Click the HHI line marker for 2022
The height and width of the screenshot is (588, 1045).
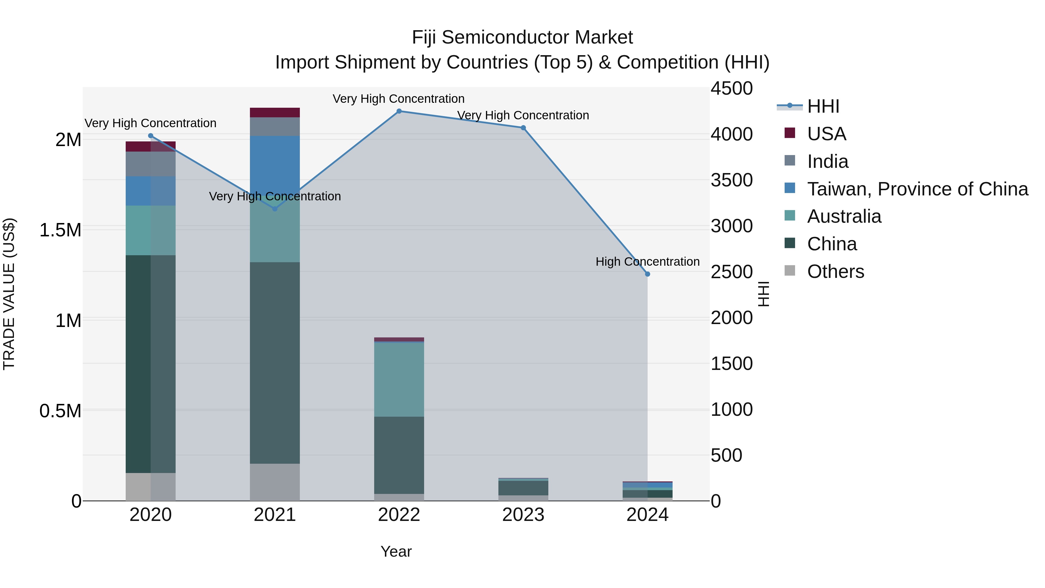399,111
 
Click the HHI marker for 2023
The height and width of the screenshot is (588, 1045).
523,128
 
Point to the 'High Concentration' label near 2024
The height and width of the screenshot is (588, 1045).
647,262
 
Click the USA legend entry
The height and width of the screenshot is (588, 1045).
826,134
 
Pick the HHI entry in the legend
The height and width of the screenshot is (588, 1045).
823,106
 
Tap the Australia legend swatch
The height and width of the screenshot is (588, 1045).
790,216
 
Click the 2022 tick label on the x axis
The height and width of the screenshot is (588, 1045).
399,515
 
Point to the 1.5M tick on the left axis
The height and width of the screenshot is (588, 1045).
60,230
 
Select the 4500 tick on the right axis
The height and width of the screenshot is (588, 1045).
732,89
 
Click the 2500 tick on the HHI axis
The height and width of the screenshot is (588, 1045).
732,272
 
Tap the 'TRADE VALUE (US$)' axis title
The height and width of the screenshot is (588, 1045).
9,294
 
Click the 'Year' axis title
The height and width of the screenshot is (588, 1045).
396,551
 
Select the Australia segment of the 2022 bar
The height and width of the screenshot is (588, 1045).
399,380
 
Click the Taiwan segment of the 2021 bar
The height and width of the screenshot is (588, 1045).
275,162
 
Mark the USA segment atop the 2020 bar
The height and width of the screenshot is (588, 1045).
150,147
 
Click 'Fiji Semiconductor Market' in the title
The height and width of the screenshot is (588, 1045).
522,38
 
